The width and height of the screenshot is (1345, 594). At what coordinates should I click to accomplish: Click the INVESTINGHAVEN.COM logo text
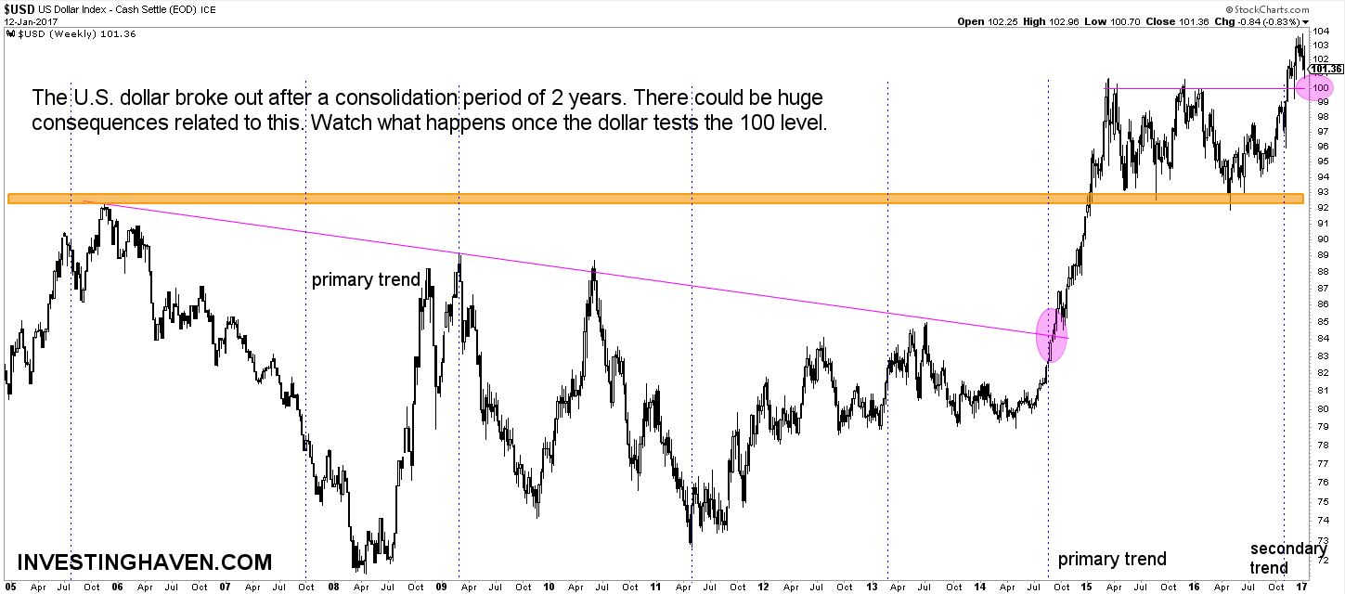tap(145, 562)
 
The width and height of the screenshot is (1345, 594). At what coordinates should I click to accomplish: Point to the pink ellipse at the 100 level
tap(1315, 88)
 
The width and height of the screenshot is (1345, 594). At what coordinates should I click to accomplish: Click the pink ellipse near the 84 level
tap(1051, 335)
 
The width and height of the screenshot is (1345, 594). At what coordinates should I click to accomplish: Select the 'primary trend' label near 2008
tap(366, 279)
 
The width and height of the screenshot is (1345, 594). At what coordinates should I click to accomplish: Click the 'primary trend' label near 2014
tap(1112, 559)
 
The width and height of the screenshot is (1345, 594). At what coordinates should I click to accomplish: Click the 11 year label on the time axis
tap(655, 587)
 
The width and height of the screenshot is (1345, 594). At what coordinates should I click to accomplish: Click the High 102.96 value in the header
tap(1074, 21)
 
